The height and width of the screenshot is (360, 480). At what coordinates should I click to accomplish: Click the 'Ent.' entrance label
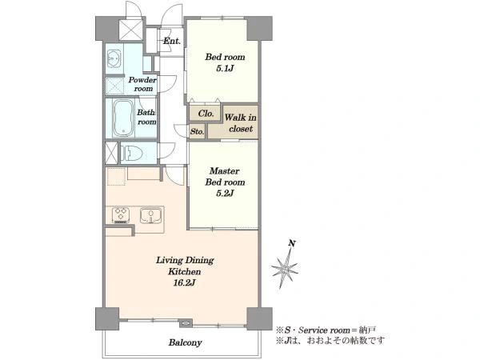tap(172, 41)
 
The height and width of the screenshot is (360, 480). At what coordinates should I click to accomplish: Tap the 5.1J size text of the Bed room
tap(225, 68)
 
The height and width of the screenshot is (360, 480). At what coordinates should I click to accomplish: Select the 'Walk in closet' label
tap(241, 122)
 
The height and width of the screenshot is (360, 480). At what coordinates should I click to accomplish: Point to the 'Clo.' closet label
tap(206, 114)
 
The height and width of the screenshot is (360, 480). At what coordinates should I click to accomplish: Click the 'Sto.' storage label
tap(197, 132)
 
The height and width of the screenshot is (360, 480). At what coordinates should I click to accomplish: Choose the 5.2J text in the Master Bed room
tap(225, 194)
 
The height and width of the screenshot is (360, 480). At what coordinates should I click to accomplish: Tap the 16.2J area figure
tap(184, 283)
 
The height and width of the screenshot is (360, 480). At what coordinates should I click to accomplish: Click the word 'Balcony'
tap(186, 342)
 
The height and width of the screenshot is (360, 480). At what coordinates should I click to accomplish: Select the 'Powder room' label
tap(142, 84)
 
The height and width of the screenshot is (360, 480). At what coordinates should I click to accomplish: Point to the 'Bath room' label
tap(146, 117)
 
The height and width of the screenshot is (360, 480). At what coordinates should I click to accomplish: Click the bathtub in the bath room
tap(123, 118)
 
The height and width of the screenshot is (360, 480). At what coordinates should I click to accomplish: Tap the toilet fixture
tap(131, 153)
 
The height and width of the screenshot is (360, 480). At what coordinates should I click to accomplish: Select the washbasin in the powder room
tap(114, 58)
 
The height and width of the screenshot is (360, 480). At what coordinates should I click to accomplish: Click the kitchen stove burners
tap(121, 214)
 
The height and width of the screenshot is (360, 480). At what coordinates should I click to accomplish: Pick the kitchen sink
tap(150, 215)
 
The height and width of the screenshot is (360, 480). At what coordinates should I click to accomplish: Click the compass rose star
tap(285, 270)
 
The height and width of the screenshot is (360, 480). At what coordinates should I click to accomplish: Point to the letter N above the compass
tap(292, 244)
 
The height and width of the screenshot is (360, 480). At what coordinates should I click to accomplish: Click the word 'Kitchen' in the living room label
tap(185, 271)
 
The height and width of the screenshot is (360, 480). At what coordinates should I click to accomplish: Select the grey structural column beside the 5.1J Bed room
tap(259, 29)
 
